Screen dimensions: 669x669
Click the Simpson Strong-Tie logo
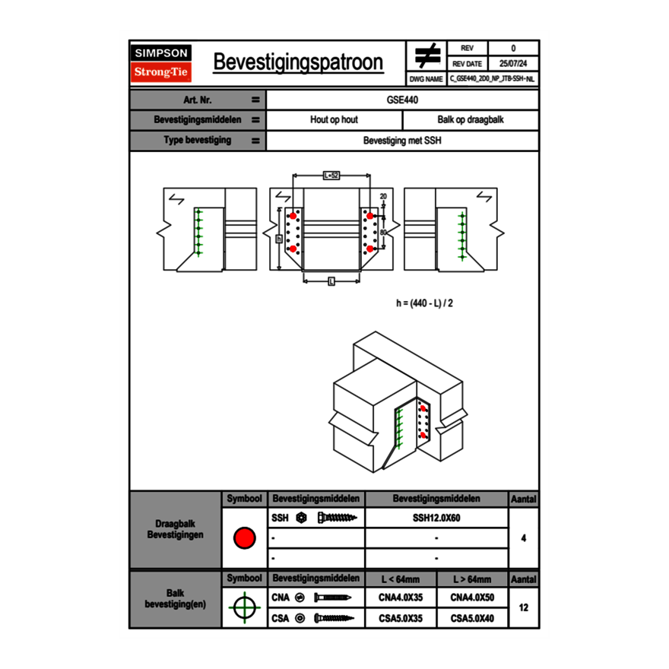pyautogui.click(x=161, y=63)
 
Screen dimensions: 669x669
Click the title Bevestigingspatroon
pyautogui.click(x=298, y=62)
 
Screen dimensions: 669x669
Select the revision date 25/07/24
pyautogui.click(x=513, y=64)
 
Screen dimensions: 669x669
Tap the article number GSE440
pyautogui.click(x=402, y=100)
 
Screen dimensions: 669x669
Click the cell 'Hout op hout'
pyautogui.click(x=334, y=120)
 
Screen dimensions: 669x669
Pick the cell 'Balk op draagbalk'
pyautogui.click(x=471, y=120)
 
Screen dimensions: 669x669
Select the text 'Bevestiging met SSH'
pyautogui.click(x=402, y=141)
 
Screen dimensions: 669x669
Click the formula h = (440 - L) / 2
pyautogui.click(x=426, y=303)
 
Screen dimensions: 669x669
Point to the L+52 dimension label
pyautogui.click(x=331, y=175)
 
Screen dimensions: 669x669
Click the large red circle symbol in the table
pyautogui.click(x=244, y=538)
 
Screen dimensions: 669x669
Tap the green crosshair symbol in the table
pyautogui.click(x=244, y=607)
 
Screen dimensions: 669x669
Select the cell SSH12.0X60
pyautogui.click(x=436, y=518)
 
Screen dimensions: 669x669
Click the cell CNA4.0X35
pyautogui.click(x=400, y=598)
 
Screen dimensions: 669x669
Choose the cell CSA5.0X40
pyautogui.click(x=472, y=619)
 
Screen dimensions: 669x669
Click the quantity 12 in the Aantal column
pyautogui.click(x=523, y=608)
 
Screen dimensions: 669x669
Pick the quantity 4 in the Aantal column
pyautogui.click(x=523, y=538)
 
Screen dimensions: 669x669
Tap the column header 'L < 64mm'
pyautogui.click(x=400, y=579)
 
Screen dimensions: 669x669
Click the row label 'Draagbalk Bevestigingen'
pyautogui.click(x=175, y=530)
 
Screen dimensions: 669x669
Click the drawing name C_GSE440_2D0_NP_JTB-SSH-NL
pyautogui.click(x=492, y=78)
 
